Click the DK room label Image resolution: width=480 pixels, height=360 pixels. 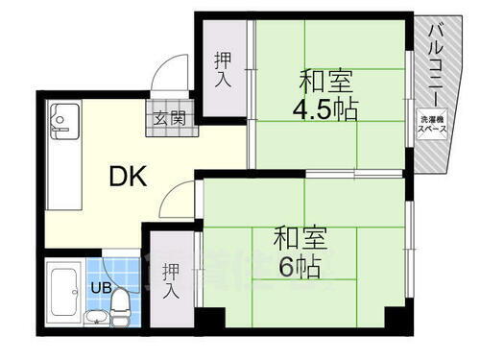click(x=126, y=176)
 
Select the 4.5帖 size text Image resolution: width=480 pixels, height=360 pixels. click(x=325, y=108)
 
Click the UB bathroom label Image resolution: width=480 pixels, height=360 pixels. click(x=100, y=286)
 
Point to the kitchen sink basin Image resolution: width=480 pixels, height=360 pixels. click(x=60, y=120)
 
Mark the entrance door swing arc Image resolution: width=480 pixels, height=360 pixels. click(x=171, y=74)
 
